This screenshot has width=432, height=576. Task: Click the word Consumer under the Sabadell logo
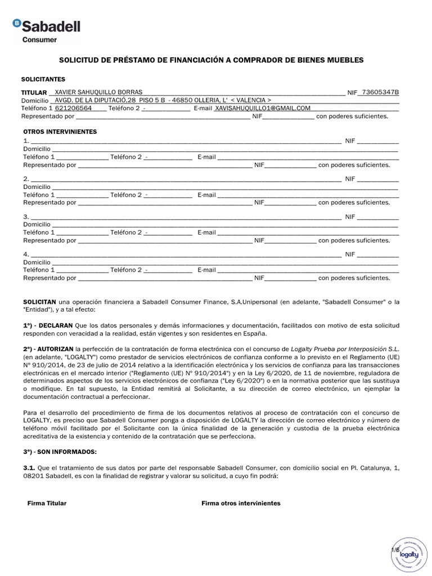[39, 40]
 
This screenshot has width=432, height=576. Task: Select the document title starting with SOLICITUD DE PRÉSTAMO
[211, 60]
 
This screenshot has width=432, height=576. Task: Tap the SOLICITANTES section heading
[43, 79]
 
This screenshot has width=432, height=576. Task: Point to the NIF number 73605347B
[380, 92]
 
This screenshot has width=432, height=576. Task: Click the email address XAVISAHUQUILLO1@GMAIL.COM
[263, 108]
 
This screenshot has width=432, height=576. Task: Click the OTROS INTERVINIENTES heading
[60, 132]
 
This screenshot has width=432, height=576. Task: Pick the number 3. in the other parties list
[26, 217]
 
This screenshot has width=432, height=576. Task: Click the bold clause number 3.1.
[29, 467]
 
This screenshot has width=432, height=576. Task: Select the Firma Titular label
[47, 503]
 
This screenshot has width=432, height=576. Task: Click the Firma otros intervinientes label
[241, 503]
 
